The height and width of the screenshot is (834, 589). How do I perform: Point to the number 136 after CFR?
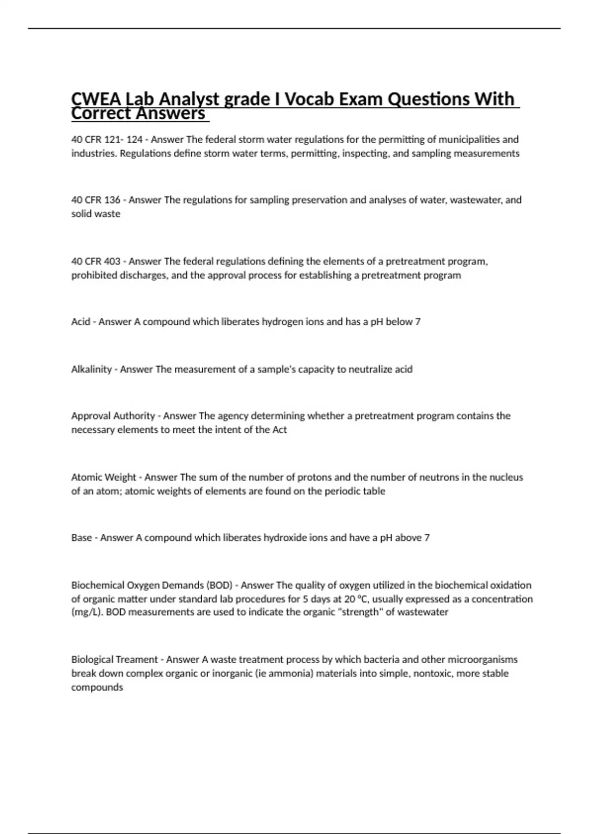point(112,200)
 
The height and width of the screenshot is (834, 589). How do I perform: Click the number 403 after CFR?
point(112,261)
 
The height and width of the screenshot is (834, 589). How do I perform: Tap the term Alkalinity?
point(91,369)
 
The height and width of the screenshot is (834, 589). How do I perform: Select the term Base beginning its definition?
point(81,538)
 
